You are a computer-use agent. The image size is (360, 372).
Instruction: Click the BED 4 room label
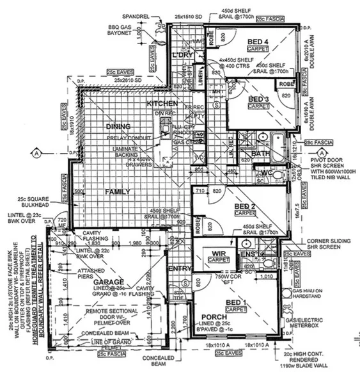pos(261,42)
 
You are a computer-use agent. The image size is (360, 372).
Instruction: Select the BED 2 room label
pos(244,206)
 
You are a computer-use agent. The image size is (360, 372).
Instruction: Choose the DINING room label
pos(120,126)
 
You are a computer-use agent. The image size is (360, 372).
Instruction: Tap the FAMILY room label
pos(118,191)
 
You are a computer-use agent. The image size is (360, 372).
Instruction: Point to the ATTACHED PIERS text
pos(72,272)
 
